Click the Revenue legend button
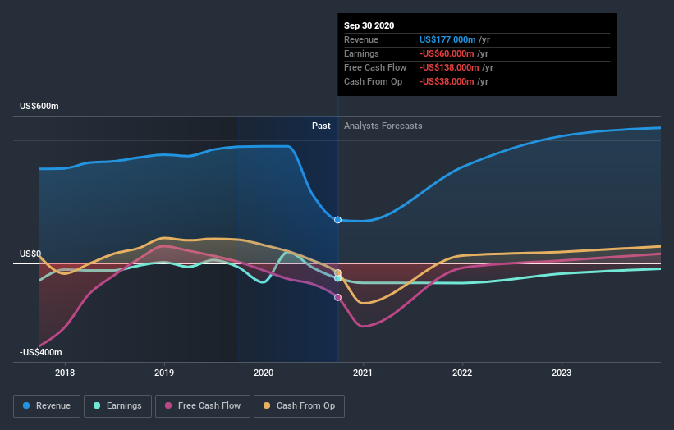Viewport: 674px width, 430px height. click(x=48, y=405)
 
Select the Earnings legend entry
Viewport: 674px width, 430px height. click(x=117, y=405)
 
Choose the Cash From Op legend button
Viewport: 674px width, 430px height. click(x=300, y=405)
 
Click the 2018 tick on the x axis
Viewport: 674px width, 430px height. click(x=65, y=373)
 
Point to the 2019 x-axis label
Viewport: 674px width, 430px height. click(x=164, y=373)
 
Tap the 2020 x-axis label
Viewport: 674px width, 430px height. click(x=264, y=373)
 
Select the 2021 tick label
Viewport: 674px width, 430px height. click(x=363, y=373)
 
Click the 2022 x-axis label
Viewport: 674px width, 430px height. click(x=462, y=373)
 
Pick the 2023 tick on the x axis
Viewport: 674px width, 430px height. click(x=562, y=373)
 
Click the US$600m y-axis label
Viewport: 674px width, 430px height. click(x=40, y=107)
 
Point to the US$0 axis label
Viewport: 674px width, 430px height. click(x=30, y=254)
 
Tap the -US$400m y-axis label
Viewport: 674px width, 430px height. click(x=40, y=352)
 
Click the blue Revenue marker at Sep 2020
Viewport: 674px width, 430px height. click(x=337, y=219)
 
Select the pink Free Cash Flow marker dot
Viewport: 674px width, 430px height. click(x=337, y=297)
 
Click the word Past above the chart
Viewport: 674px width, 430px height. click(x=321, y=126)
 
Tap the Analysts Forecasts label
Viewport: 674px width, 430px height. click(x=383, y=126)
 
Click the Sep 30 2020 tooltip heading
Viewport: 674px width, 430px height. click(x=369, y=25)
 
